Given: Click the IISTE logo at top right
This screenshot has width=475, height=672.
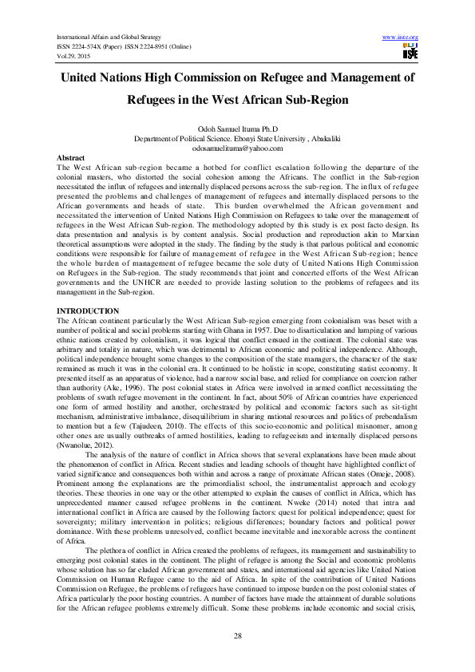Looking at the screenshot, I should point(410,53).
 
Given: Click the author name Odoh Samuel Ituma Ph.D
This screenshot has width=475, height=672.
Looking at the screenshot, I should point(238,129).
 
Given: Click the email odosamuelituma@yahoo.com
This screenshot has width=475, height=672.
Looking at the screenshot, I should point(238,148).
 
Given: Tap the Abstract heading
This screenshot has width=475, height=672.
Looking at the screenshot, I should point(73,159).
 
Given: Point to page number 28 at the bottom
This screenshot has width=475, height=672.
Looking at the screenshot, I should point(238,634).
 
